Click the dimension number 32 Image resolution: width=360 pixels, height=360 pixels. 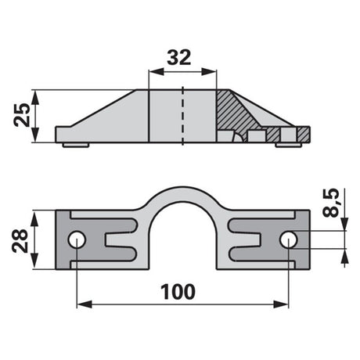point(179,58)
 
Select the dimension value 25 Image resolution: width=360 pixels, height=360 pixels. point(22,115)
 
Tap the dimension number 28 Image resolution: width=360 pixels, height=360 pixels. point(20,241)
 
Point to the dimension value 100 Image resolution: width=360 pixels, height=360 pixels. point(178,292)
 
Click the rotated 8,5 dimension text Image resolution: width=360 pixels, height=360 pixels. point(331,203)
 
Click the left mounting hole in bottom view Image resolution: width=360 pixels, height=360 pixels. point(77,239)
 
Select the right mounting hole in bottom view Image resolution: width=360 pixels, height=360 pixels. point(289,239)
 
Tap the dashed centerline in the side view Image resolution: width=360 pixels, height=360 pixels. point(182,116)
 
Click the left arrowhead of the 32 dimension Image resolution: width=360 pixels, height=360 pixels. point(156,72)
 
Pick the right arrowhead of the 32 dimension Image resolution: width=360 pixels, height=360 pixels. point(209,72)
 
